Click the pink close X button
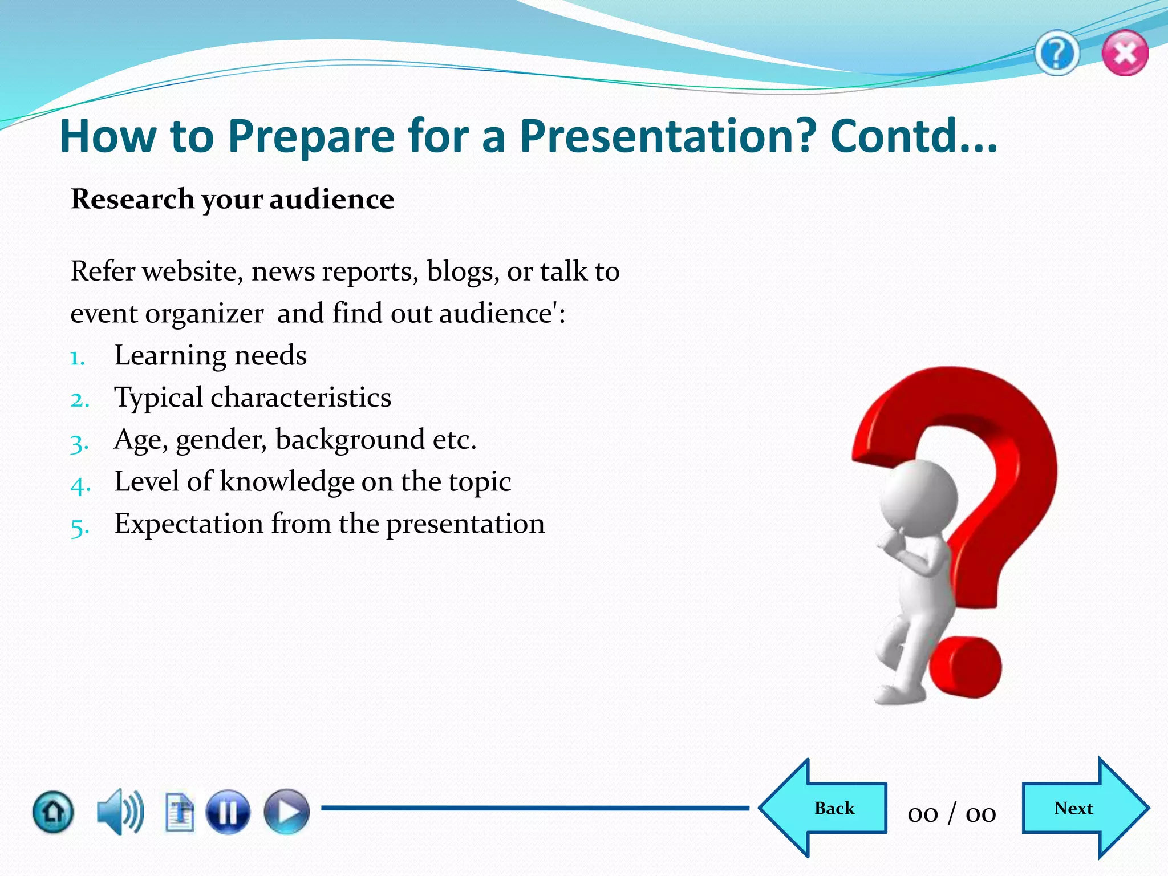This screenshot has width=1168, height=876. point(1125,53)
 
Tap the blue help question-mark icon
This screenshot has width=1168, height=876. point(1057,53)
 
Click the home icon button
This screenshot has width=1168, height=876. point(53,811)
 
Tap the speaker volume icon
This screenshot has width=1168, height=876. point(120,811)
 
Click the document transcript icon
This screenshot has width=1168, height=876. point(180,811)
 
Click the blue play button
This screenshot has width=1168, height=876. point(286,811)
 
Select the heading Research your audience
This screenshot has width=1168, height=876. point(232,200)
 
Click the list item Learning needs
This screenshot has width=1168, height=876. point(210,355)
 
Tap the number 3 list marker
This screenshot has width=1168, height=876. point(79,443)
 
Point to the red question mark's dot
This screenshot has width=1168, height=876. point(966,667)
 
